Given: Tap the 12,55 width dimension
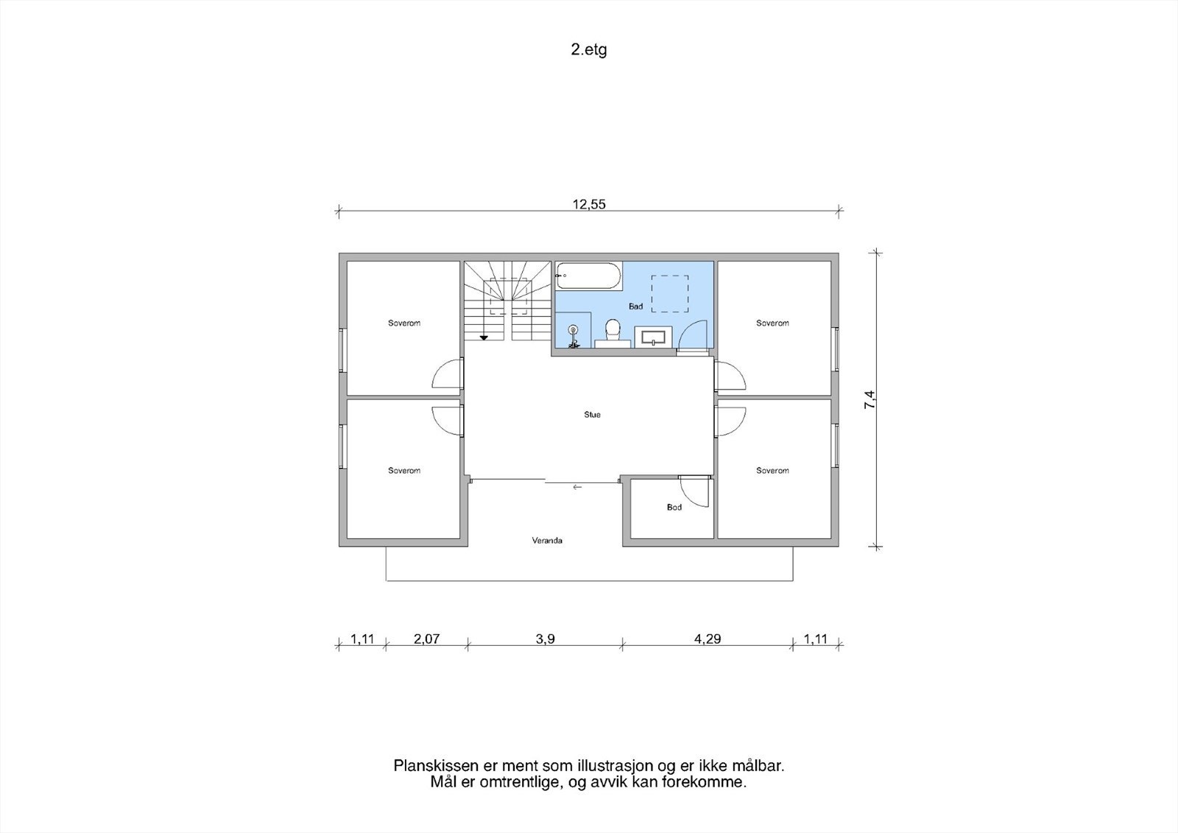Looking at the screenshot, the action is click(589, 204).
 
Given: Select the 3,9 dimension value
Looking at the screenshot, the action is click(546, 639).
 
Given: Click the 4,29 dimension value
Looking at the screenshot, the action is click(708, 639).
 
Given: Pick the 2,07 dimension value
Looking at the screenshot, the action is click(426, 639).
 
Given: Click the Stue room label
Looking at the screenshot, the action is click(592, 415).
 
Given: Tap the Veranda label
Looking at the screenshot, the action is click(547, 541).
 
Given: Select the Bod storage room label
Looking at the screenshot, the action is click(674, 507).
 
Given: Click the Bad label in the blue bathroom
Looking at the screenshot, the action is click(636, 306).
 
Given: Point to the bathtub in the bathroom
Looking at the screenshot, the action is click(589, 275).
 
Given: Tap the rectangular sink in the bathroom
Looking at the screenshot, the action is click(653, 337).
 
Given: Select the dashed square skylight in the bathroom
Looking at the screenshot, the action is click(670, 294).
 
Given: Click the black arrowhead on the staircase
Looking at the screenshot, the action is click(484, 338).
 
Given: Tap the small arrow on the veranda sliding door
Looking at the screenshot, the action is click(577, 488).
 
